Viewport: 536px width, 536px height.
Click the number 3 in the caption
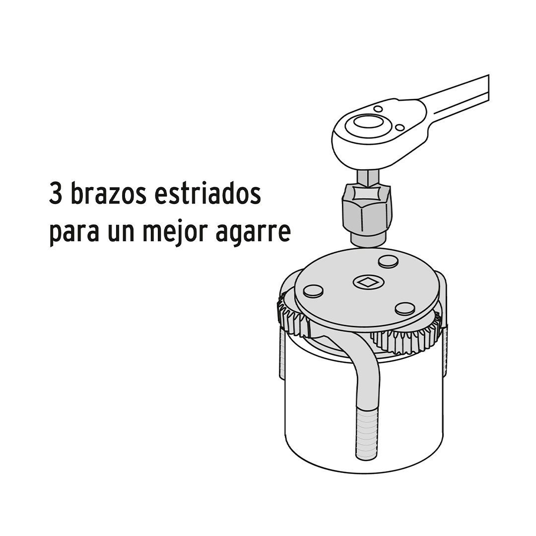point(56,194)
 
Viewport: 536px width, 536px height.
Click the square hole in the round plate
point(367,282)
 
